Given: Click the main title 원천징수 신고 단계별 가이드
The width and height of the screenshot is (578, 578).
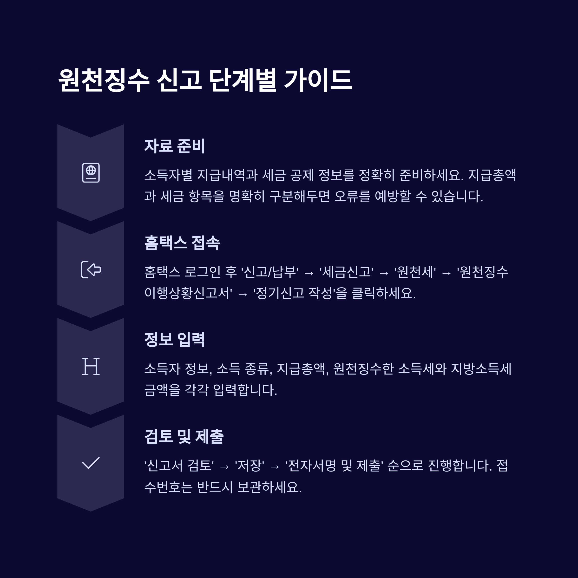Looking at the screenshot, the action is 205,80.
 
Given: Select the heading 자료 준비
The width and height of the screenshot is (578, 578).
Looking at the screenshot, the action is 174,146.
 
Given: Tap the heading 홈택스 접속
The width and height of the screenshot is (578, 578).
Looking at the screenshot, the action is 182,243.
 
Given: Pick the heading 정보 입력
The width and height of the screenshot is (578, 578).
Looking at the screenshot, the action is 174,339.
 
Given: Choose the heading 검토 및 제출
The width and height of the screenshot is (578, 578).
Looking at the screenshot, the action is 184,436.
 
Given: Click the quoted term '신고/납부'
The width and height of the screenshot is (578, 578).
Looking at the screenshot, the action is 269,272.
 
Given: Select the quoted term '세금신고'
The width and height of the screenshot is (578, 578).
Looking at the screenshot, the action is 346,272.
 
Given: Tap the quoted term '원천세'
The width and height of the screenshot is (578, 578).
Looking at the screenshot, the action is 415,272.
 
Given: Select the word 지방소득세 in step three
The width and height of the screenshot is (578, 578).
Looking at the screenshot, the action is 481,368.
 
